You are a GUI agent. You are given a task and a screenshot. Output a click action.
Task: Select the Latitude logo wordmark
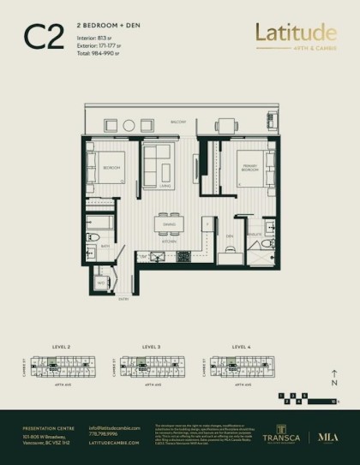tap(295, 33)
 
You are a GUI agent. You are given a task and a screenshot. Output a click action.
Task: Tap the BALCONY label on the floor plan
tap(178, 122)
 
